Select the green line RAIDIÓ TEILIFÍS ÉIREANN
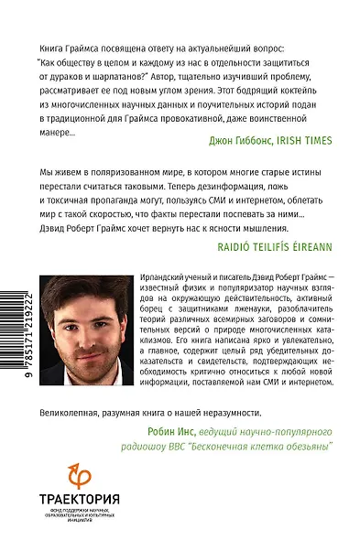tap(261, 247)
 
